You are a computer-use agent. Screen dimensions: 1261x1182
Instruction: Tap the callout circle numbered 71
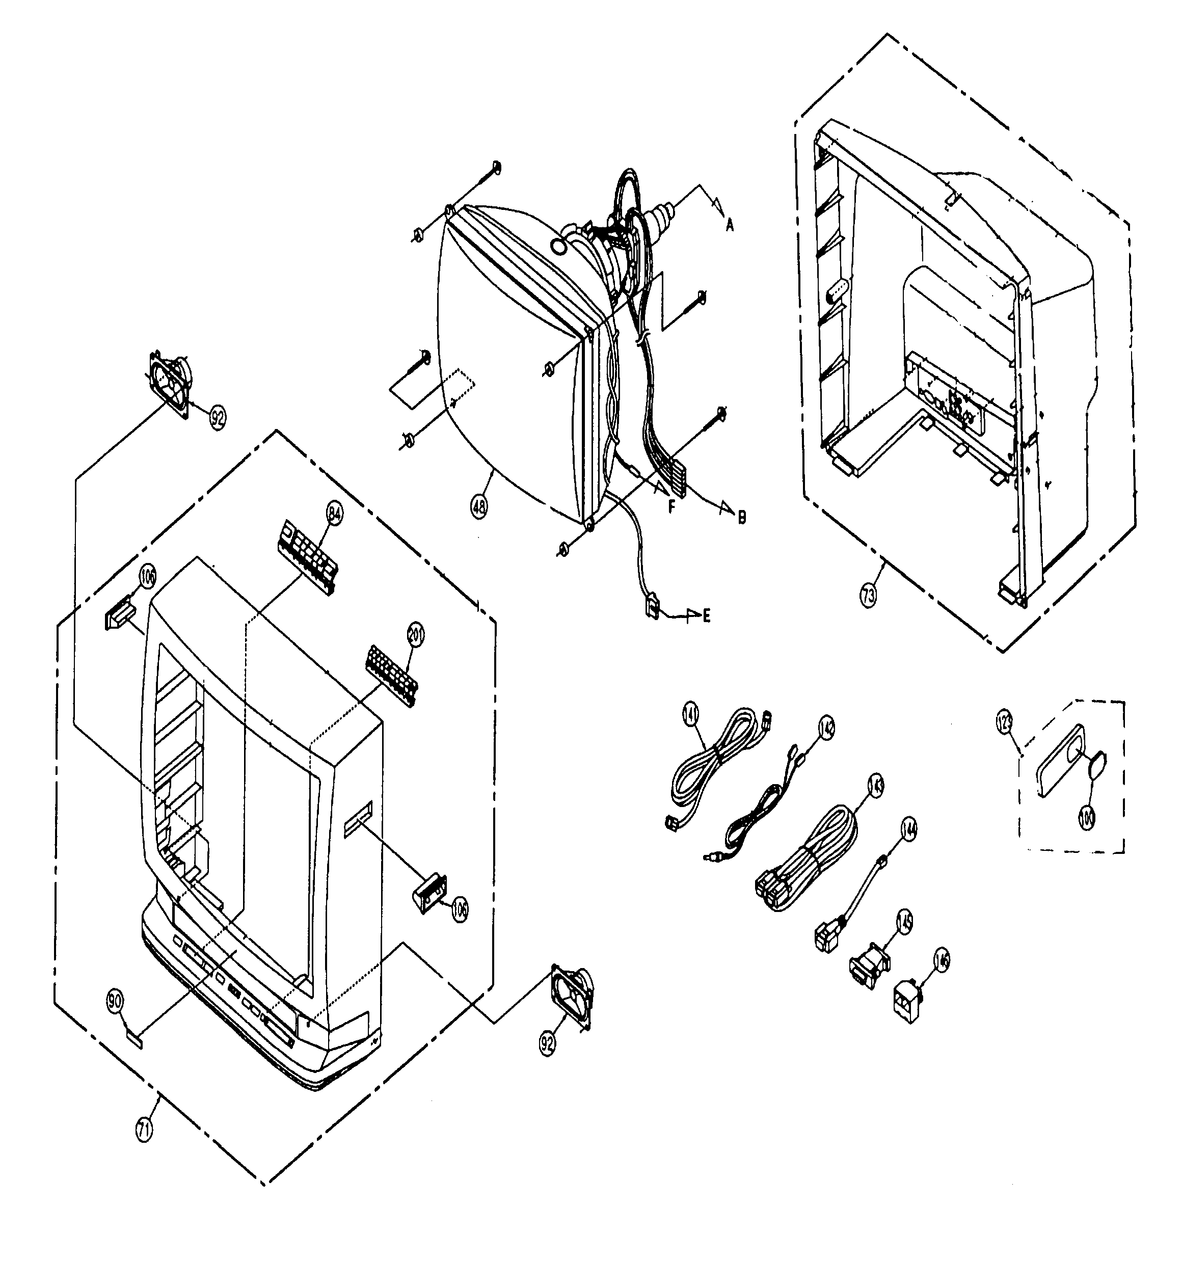point(145,1131)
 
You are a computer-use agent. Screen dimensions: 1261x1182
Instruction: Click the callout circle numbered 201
point(416,635)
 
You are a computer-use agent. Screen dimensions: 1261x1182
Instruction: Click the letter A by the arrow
point(730,225)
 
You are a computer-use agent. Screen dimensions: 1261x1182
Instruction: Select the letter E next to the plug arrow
point(706,614)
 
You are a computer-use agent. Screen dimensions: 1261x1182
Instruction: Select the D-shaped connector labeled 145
point(869,966)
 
